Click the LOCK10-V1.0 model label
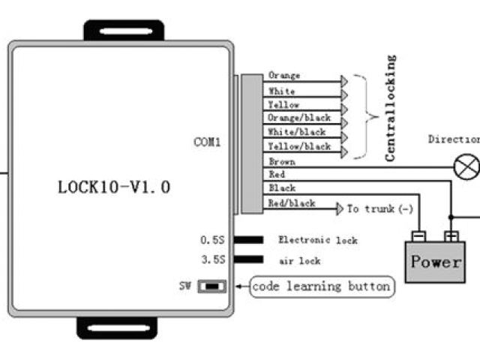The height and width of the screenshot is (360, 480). coord(114,187)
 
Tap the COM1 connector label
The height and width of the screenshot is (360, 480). coord(207,142)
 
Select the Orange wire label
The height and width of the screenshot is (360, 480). coord(284,76)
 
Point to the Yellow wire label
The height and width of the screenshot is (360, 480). coord(283,105)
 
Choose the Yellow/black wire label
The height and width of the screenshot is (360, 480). coord(298,147)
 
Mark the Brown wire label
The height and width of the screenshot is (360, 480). coord(281,161)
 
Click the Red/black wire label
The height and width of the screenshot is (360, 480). coord(292,202)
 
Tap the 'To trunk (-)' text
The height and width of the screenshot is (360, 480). coord(379,208)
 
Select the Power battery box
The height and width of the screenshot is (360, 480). coord(434,262)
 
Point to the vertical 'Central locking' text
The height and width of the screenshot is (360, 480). coord(390,108)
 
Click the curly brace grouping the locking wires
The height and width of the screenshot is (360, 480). coord(367,116)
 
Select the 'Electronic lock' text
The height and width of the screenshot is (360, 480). coord(318,240)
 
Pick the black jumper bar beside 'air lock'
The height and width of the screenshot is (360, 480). coord(249,260)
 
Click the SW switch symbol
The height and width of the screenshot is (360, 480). coord(212,286)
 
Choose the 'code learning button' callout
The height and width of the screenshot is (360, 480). coord(321,286)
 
